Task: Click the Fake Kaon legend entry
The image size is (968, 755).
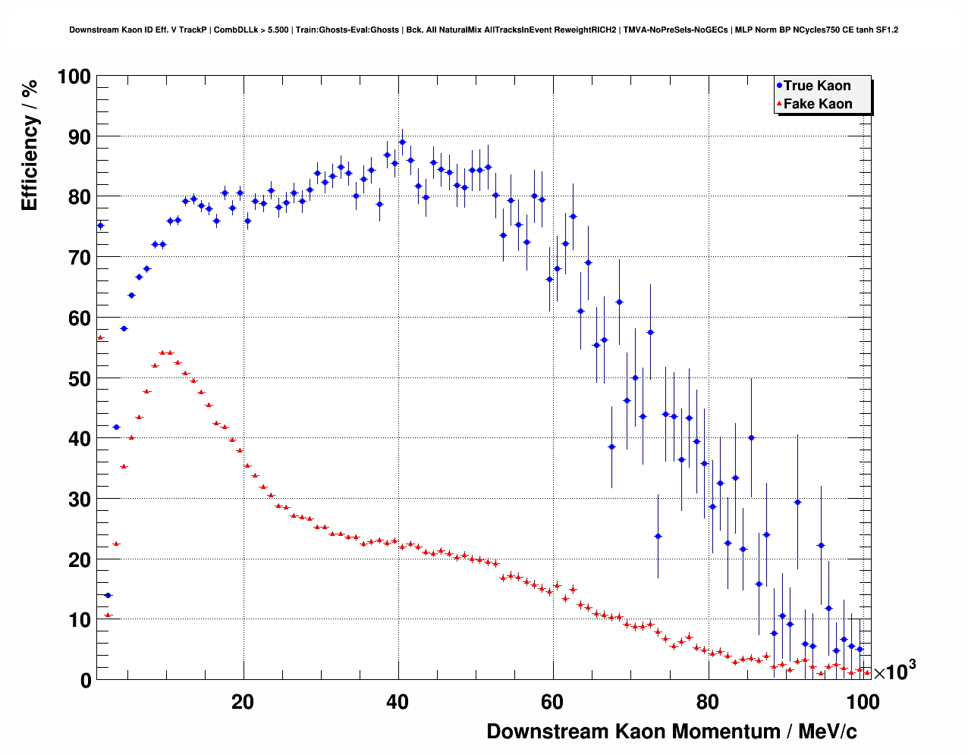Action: (817, 104)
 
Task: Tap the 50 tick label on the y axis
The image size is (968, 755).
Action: (78, 378)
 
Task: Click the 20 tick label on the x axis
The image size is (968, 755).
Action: (243, 702)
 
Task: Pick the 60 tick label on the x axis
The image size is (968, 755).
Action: (552, 702)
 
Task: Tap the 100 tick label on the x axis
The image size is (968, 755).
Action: (863, 702)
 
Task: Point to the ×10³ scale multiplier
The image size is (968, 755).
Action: (894, 671)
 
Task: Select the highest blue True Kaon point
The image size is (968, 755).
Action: (402, 142)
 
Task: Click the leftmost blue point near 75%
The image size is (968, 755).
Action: (100, 225)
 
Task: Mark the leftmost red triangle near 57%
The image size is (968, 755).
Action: (100, 337)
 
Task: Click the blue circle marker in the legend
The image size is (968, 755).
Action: (779, 86)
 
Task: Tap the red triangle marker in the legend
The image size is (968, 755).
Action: (779, 104)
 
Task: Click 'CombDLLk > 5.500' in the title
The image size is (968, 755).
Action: (250, 30)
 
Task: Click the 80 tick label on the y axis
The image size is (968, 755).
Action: (78, 197)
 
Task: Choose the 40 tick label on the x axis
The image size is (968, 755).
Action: (398, 702)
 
